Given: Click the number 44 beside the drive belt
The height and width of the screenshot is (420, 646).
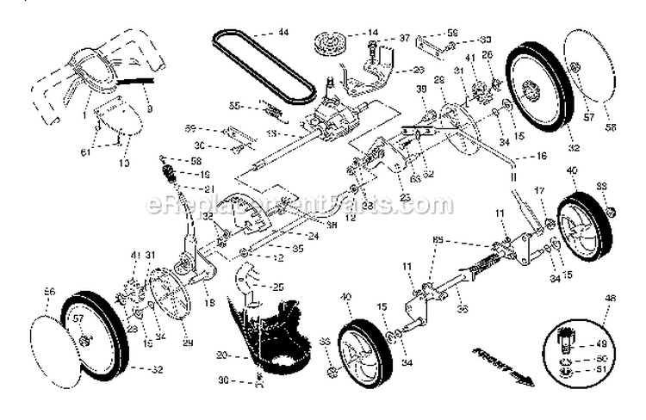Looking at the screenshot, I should click(x=283, y=34).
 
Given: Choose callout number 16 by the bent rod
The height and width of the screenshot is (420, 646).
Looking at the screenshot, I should click(x=542, y=158).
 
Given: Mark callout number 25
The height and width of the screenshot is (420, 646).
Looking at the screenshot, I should click(x=278, y=286).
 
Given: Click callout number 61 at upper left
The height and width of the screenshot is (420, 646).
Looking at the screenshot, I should click(x=85, y=151).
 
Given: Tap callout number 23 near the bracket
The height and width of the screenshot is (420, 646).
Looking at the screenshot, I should click(x=405, y=196).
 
